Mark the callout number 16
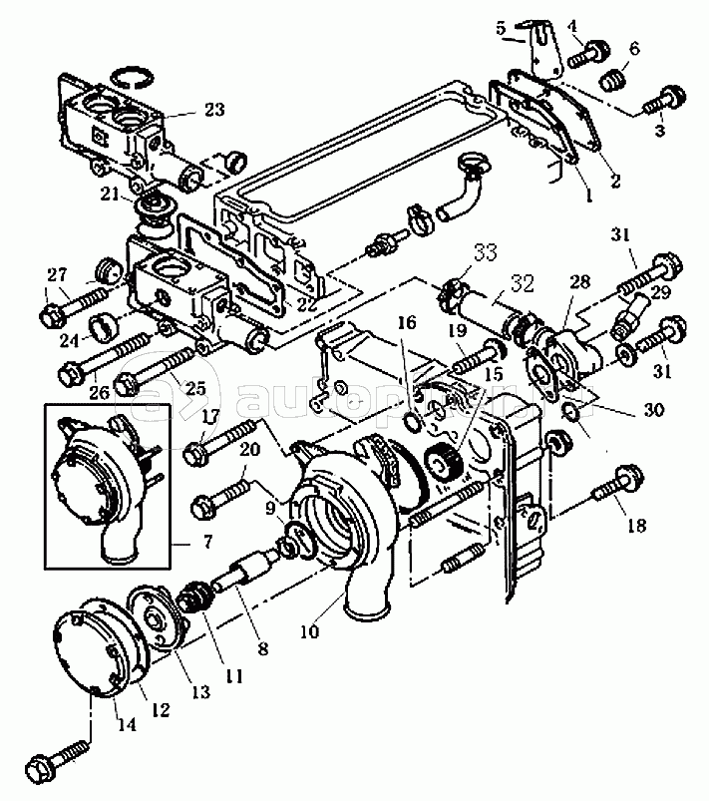tap(405, 322)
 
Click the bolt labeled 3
tap(663, 101)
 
